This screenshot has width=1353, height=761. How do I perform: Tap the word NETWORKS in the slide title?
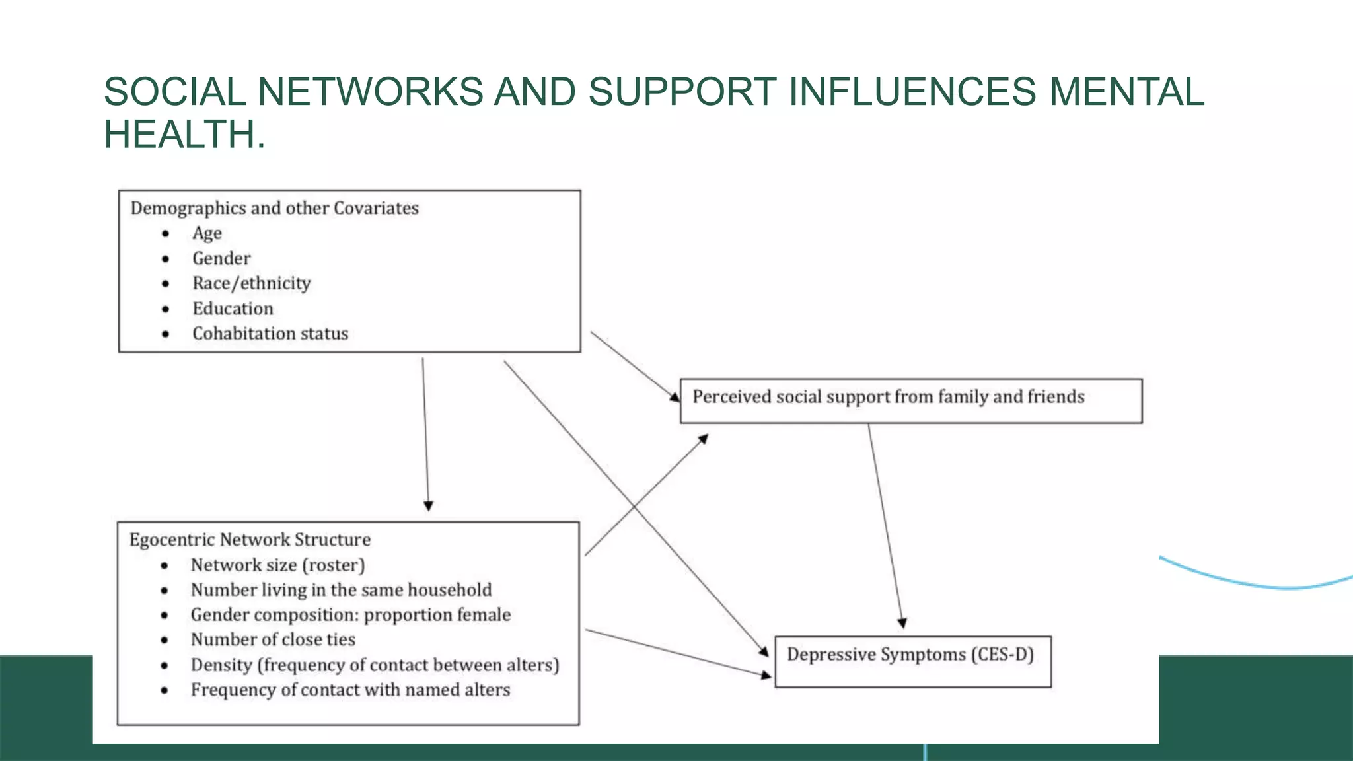click(x=370, y=91)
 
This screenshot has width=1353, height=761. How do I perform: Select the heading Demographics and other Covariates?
click(x=274, y=209)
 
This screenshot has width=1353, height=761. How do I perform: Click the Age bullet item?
click(x=207, y=234)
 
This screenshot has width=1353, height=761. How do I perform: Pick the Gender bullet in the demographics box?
click(x=221, y=258)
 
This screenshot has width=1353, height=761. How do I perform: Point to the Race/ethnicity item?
click(x=251, y=283)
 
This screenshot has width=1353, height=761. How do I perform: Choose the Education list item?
click(x=233, y=308)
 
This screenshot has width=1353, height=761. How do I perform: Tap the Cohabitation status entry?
click(x=270, y=334)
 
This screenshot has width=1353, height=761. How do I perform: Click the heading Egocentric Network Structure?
click(x=250, y=540)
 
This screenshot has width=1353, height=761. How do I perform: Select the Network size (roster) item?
click(x=277, y=565)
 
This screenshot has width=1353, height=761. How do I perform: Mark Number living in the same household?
click(x=341, y=590)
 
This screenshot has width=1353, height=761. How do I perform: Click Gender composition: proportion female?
click(x=350, y=615)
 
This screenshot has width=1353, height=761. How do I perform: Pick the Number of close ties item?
click(x=273, y=640)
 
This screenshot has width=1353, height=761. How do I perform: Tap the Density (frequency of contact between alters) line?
click(x=375, y=665)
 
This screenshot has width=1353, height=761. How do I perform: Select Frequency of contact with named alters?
click(x=350, y=690)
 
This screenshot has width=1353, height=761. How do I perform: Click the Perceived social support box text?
click(x=888, y=397)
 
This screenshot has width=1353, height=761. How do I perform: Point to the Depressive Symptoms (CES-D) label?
click(x=910, y=655)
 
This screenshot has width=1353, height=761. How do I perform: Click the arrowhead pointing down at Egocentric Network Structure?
click(x=428, y=506)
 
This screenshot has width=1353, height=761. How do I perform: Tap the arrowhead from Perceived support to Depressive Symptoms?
click(x=902, y=623)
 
